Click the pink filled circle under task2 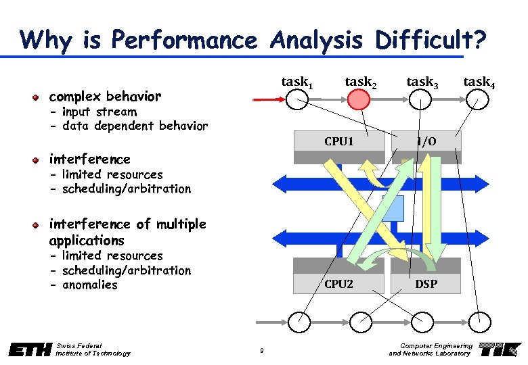pyautogui.click(x=359, y=100)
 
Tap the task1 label pyautogui.click(x=296, y=82)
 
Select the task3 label pyautogui.click(x=422, y=82)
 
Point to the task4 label pyautogui.click(x=478, y=82)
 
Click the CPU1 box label pyautogui.click(x=338, y=141)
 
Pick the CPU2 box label pyautogui.click(x=338, y=284)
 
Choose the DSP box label pyautogui.click(x=426, y=284)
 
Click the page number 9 pyautogui.click(x=261, y=349)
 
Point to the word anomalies pyautogui.click(x=89, y=285)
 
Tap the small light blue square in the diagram pyautogui.click(x=393, y=208)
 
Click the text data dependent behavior pyautogui.click(x=134, y=126)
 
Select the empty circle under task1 pyautogui.click(x=296, y=100)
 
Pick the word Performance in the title pyautogui.click(x=182, y=41)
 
